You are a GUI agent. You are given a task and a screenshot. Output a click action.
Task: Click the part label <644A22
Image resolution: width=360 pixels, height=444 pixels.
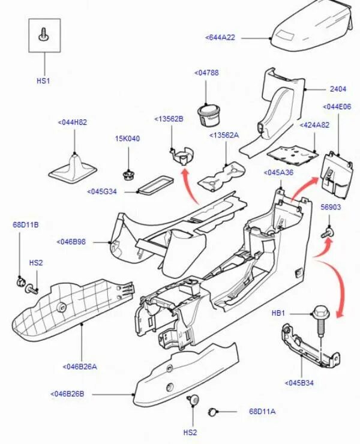[x=220, y=37]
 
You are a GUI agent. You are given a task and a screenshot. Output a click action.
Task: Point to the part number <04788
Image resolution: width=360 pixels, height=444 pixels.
[x=206, y=73]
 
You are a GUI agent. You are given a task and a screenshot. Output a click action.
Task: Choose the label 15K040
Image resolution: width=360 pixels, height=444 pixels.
[x=127, y=139]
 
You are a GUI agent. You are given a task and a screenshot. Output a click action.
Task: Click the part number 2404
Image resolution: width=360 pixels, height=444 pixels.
[x=338, y=89]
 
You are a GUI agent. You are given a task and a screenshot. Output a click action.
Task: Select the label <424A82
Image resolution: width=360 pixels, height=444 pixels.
[x=314, y=125]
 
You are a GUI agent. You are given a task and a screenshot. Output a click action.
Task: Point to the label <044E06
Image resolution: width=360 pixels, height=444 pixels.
[x=337, y=107]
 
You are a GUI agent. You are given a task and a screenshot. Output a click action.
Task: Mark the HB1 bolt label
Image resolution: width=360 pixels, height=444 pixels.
[x=278, y=313]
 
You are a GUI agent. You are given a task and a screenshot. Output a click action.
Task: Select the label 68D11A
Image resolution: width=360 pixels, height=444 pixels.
[x=262, y=412]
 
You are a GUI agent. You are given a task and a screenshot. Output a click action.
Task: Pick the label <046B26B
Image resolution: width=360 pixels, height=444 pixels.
[x=67, y=394]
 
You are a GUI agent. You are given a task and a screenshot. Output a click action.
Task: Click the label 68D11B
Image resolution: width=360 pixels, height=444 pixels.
[x=26, y=225]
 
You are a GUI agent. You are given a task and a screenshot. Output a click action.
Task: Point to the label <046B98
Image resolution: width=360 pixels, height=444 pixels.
[x=72, y=242]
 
